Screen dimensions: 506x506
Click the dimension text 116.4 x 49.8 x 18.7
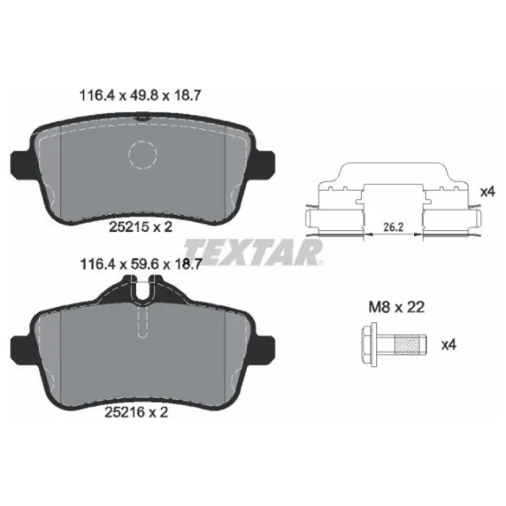pyautogui.click(x=140, y=95)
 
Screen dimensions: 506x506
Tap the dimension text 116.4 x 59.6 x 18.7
pyautogui.click(x=141, y=265)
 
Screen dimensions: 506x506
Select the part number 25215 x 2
pyautogui.click(x=140, y=227)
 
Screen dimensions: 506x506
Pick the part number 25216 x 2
pyautogui.click(x=136, y=412)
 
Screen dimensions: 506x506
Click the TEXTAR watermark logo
pyautogui.click(x=253, y=252)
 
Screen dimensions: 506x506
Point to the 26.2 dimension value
pyautogui.click(x=393, y=227)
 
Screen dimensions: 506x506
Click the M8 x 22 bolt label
pyautogui.click(x=396, y=307)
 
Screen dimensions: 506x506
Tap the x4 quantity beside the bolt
pyautogui.click(x=449, y=345)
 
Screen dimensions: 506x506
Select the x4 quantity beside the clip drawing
pyautogui.click(x=487, y=192)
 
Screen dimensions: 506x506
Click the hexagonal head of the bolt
pyautogui.click(x=370, y=345)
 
